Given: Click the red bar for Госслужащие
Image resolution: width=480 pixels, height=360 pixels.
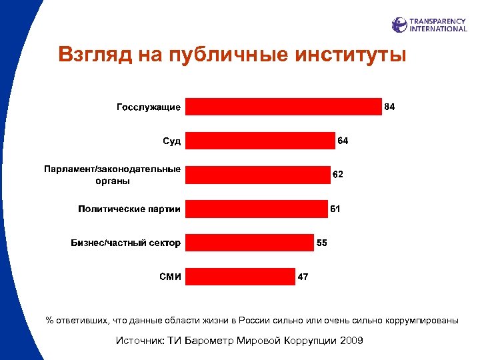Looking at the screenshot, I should pos(283,107).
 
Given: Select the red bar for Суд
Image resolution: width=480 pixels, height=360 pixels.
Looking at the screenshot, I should pos(260,141).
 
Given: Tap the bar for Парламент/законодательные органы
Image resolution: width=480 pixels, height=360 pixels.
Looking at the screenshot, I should pos(257,175).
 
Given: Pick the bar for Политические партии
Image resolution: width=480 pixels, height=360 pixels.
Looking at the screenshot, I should pos(257,209).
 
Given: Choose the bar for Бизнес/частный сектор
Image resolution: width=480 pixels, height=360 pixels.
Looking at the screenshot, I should pos(249,243).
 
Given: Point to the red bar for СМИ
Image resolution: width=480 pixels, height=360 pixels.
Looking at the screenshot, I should pos(240,277).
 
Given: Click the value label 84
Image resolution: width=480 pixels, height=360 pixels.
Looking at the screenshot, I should pos(390,107).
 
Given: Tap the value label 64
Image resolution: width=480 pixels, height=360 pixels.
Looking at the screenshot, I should pos(343,141).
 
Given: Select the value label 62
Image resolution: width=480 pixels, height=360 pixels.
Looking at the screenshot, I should pos(338,175).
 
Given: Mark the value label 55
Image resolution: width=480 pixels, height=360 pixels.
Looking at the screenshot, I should pos(321,243).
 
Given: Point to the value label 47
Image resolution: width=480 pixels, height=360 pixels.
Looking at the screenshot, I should pos(303,277).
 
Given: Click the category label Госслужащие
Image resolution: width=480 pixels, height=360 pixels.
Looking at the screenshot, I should pos(149,107).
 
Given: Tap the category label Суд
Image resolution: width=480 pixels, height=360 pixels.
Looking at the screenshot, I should pos(172,141).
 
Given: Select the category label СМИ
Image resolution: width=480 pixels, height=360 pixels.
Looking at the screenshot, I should pos(170,277).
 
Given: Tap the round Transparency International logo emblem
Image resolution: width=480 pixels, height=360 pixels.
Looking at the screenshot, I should pos(399,25).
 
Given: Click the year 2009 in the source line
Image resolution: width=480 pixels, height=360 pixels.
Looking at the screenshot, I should pos(351,341).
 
